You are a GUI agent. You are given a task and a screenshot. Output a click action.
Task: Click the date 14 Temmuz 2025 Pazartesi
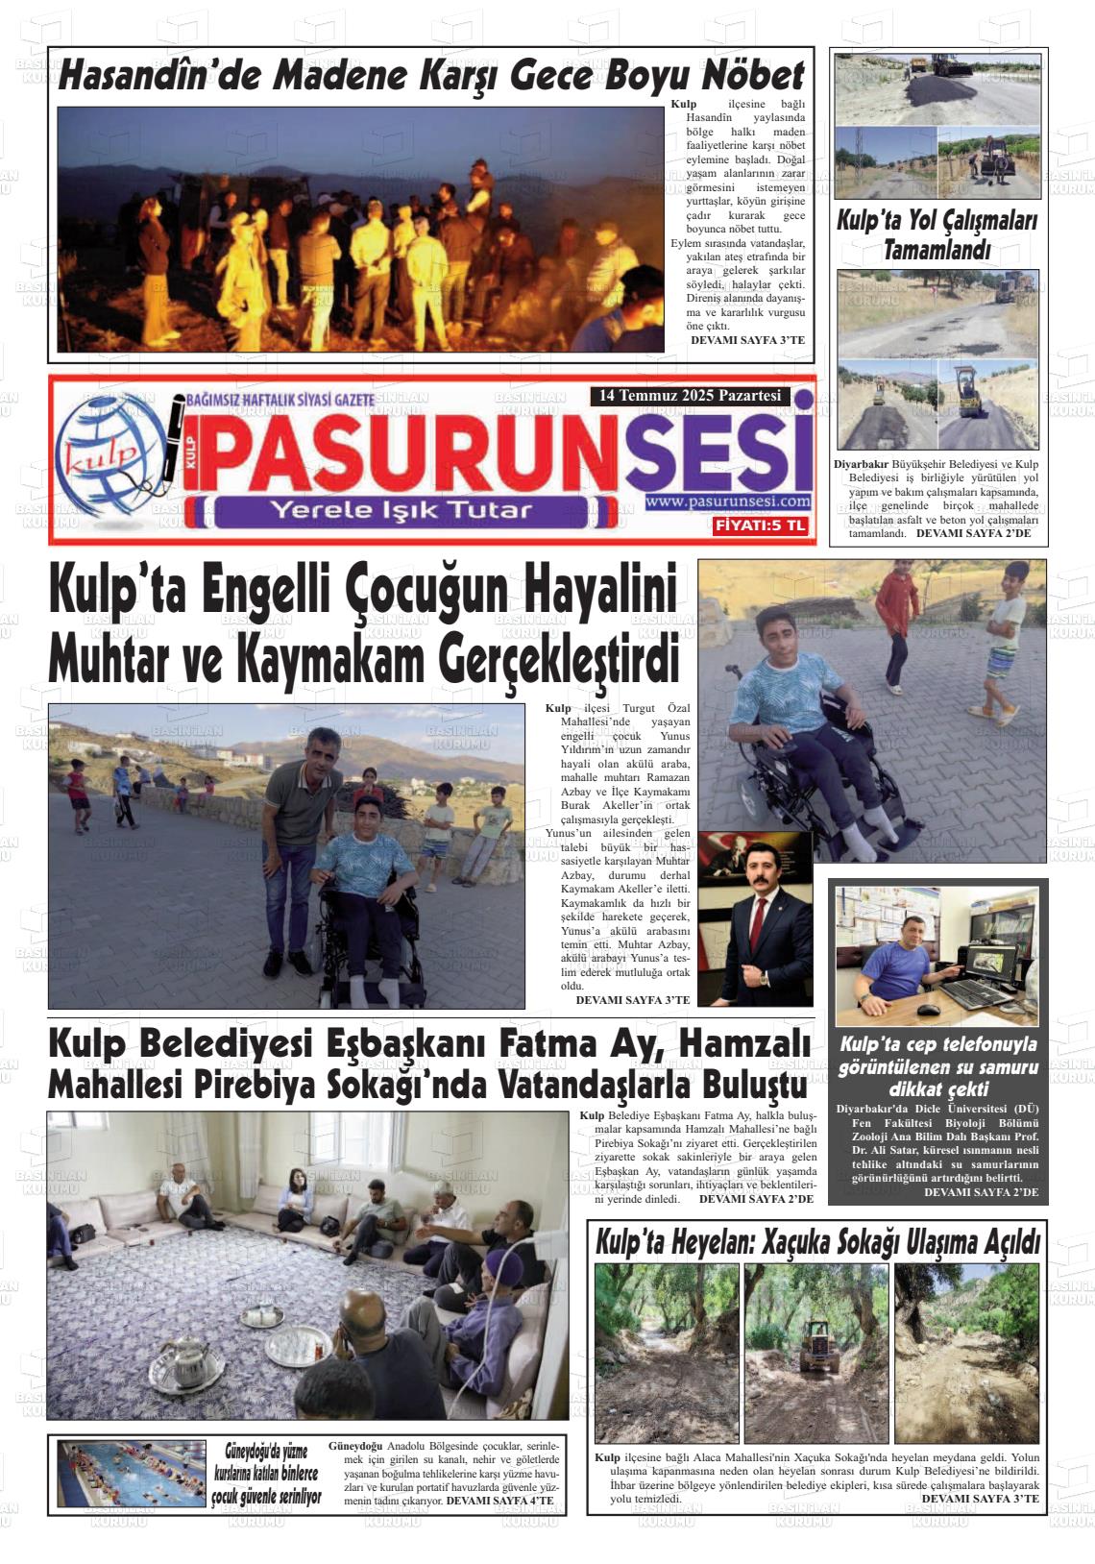[x=690, y=396]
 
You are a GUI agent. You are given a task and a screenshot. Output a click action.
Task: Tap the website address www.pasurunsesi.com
[x=728, y=501]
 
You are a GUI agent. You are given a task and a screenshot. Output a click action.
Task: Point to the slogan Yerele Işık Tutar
[x=400, y=510]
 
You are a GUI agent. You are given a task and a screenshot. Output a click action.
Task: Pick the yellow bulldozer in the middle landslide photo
[x=817, y=1340]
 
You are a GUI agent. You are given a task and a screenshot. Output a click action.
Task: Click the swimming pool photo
[x=132, y=1473]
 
